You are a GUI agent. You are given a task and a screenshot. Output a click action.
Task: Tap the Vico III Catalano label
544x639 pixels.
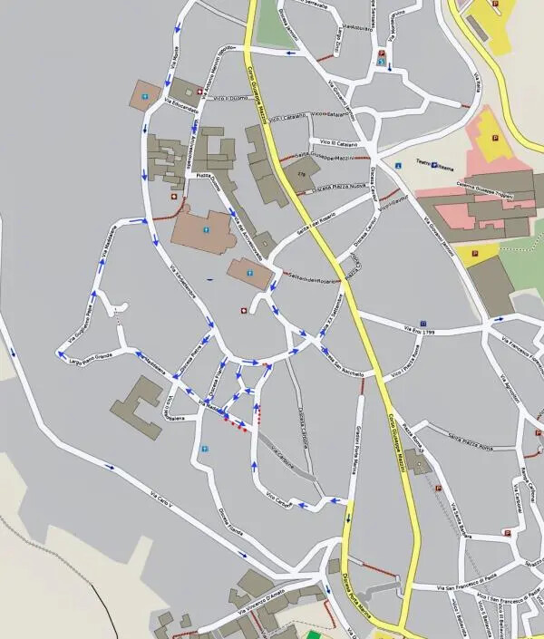coord(338,143)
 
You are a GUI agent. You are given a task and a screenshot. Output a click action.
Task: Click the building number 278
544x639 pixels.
coord(301,172)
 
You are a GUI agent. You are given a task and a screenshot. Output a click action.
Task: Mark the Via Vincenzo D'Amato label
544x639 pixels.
coord(264,606)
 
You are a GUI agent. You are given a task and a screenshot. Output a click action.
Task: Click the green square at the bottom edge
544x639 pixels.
coord(314,634)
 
